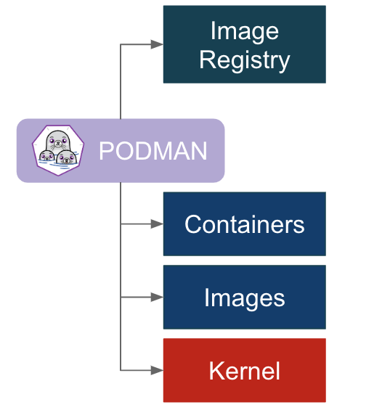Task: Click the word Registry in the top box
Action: (244, 60)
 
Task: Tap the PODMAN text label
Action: (153, 151)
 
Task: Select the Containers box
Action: (244, 224)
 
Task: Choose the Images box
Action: (244, 298)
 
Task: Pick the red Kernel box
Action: (244, 371)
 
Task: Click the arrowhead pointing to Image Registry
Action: (157, 44)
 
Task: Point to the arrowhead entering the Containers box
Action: (157, 224)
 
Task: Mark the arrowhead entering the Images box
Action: (157, 298)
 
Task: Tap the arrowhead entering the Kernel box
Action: (157, 371)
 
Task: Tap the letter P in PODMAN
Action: (106, 151)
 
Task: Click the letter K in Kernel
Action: (216, 371)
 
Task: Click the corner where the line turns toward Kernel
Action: (121, 371)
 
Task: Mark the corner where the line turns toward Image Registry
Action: (121, 44)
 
